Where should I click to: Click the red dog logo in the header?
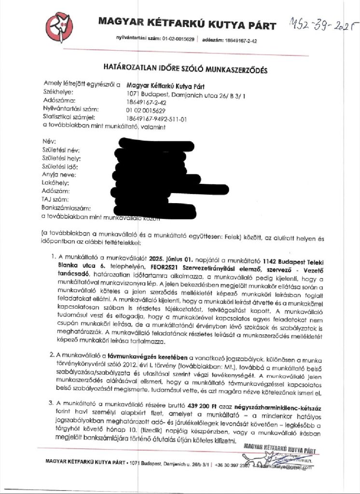[59, 27]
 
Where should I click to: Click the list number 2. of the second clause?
[54, 357]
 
